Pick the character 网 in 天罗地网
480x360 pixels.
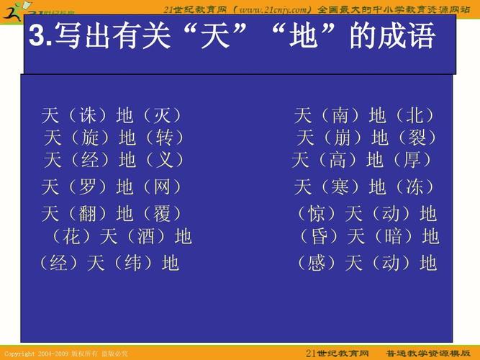(162, 187)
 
